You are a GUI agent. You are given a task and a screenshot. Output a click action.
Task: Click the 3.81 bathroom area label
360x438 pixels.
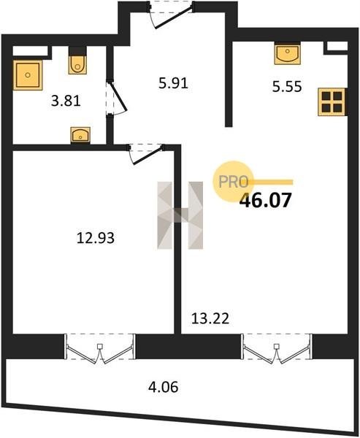pyautogui.click(x=66, y=101)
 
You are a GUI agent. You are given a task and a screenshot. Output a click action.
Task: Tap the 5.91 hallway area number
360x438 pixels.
pyautogui.click(x=173, y=83)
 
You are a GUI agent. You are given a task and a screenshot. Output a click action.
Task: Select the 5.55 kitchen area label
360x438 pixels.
pyautogui.click(x=287, y=87)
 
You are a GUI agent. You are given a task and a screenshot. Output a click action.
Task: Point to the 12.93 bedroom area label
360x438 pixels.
pyautogui.click(x=96, y=238)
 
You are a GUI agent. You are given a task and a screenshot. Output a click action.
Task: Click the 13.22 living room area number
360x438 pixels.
pyautogui.click(x=210, y=318)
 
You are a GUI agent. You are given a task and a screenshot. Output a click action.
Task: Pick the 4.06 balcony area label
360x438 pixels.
pyautogui.click(x=164, y=388)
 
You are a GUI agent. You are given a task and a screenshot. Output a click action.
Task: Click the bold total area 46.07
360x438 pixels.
pyautogui.click(x=266, y=200)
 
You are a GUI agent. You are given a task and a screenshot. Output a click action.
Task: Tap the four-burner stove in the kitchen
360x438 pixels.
pyautogui.click(x=332, y=102)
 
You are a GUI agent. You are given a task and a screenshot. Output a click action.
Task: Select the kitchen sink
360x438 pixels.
pyautogui.click(x=287, y=53)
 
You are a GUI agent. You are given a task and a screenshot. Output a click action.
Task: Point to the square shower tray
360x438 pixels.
pyautogui.click(x=28, y=75)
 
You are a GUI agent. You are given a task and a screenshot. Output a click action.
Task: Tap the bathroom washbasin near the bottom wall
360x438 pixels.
pyautogui.click(x=80, y=136)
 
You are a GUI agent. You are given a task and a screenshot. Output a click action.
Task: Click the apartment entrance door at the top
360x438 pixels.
pyautogui.click(x=171, y=15)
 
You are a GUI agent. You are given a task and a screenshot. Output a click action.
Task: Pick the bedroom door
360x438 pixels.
pyautogui.click(x=145, y=154)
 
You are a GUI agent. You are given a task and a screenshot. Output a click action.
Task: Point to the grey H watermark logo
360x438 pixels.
pyautogui.click(x=180, y=215)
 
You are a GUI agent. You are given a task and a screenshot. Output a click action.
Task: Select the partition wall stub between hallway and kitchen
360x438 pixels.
pyautogui.click(x=229, y=84)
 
